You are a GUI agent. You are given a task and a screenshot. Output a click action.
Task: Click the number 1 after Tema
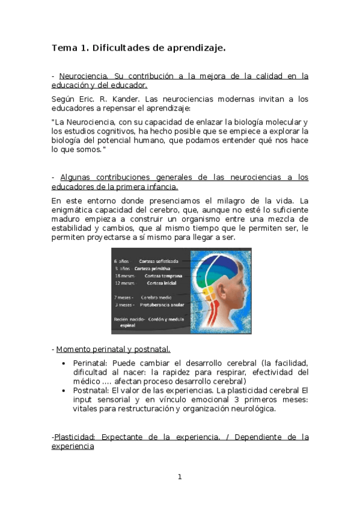coord(84,48)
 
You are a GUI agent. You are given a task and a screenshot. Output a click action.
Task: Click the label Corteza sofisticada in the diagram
coord(159,261)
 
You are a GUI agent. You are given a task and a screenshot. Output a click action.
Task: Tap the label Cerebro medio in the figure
coord(156,297)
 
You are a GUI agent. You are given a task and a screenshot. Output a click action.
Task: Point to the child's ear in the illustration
coord(226,295)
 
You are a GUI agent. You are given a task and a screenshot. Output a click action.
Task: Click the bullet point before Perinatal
coord(64,364)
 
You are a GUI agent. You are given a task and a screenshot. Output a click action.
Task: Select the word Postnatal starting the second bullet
coord(89,390)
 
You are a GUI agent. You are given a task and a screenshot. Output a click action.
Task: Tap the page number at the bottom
coord(180,477)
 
